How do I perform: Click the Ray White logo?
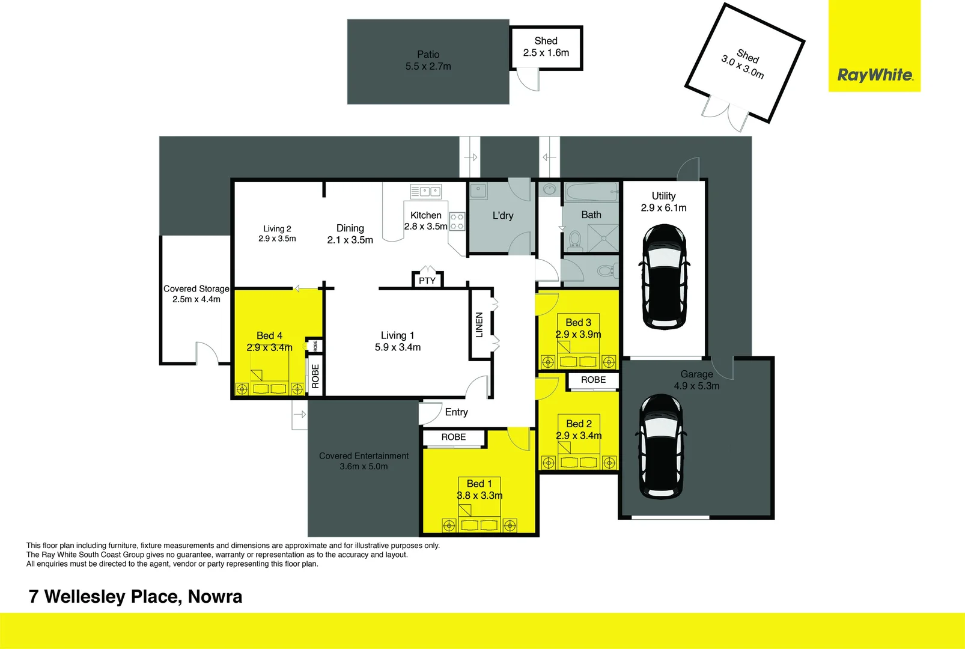875,75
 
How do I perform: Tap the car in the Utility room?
664,277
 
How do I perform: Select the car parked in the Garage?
660,446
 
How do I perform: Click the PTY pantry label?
427,281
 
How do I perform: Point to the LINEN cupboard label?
479,325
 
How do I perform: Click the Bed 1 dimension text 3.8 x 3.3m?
479,495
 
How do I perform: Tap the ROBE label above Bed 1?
454,437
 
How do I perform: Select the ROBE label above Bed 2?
593,380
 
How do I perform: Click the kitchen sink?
426,192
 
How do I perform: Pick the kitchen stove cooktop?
457,221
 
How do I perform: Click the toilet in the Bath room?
575,240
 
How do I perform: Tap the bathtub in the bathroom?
591,192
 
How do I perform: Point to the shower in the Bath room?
603,238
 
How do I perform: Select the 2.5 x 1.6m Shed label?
546,52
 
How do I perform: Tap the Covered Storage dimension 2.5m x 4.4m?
196,299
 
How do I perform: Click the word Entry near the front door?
456,412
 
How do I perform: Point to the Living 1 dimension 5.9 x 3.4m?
398,347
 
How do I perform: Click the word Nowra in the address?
215,596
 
